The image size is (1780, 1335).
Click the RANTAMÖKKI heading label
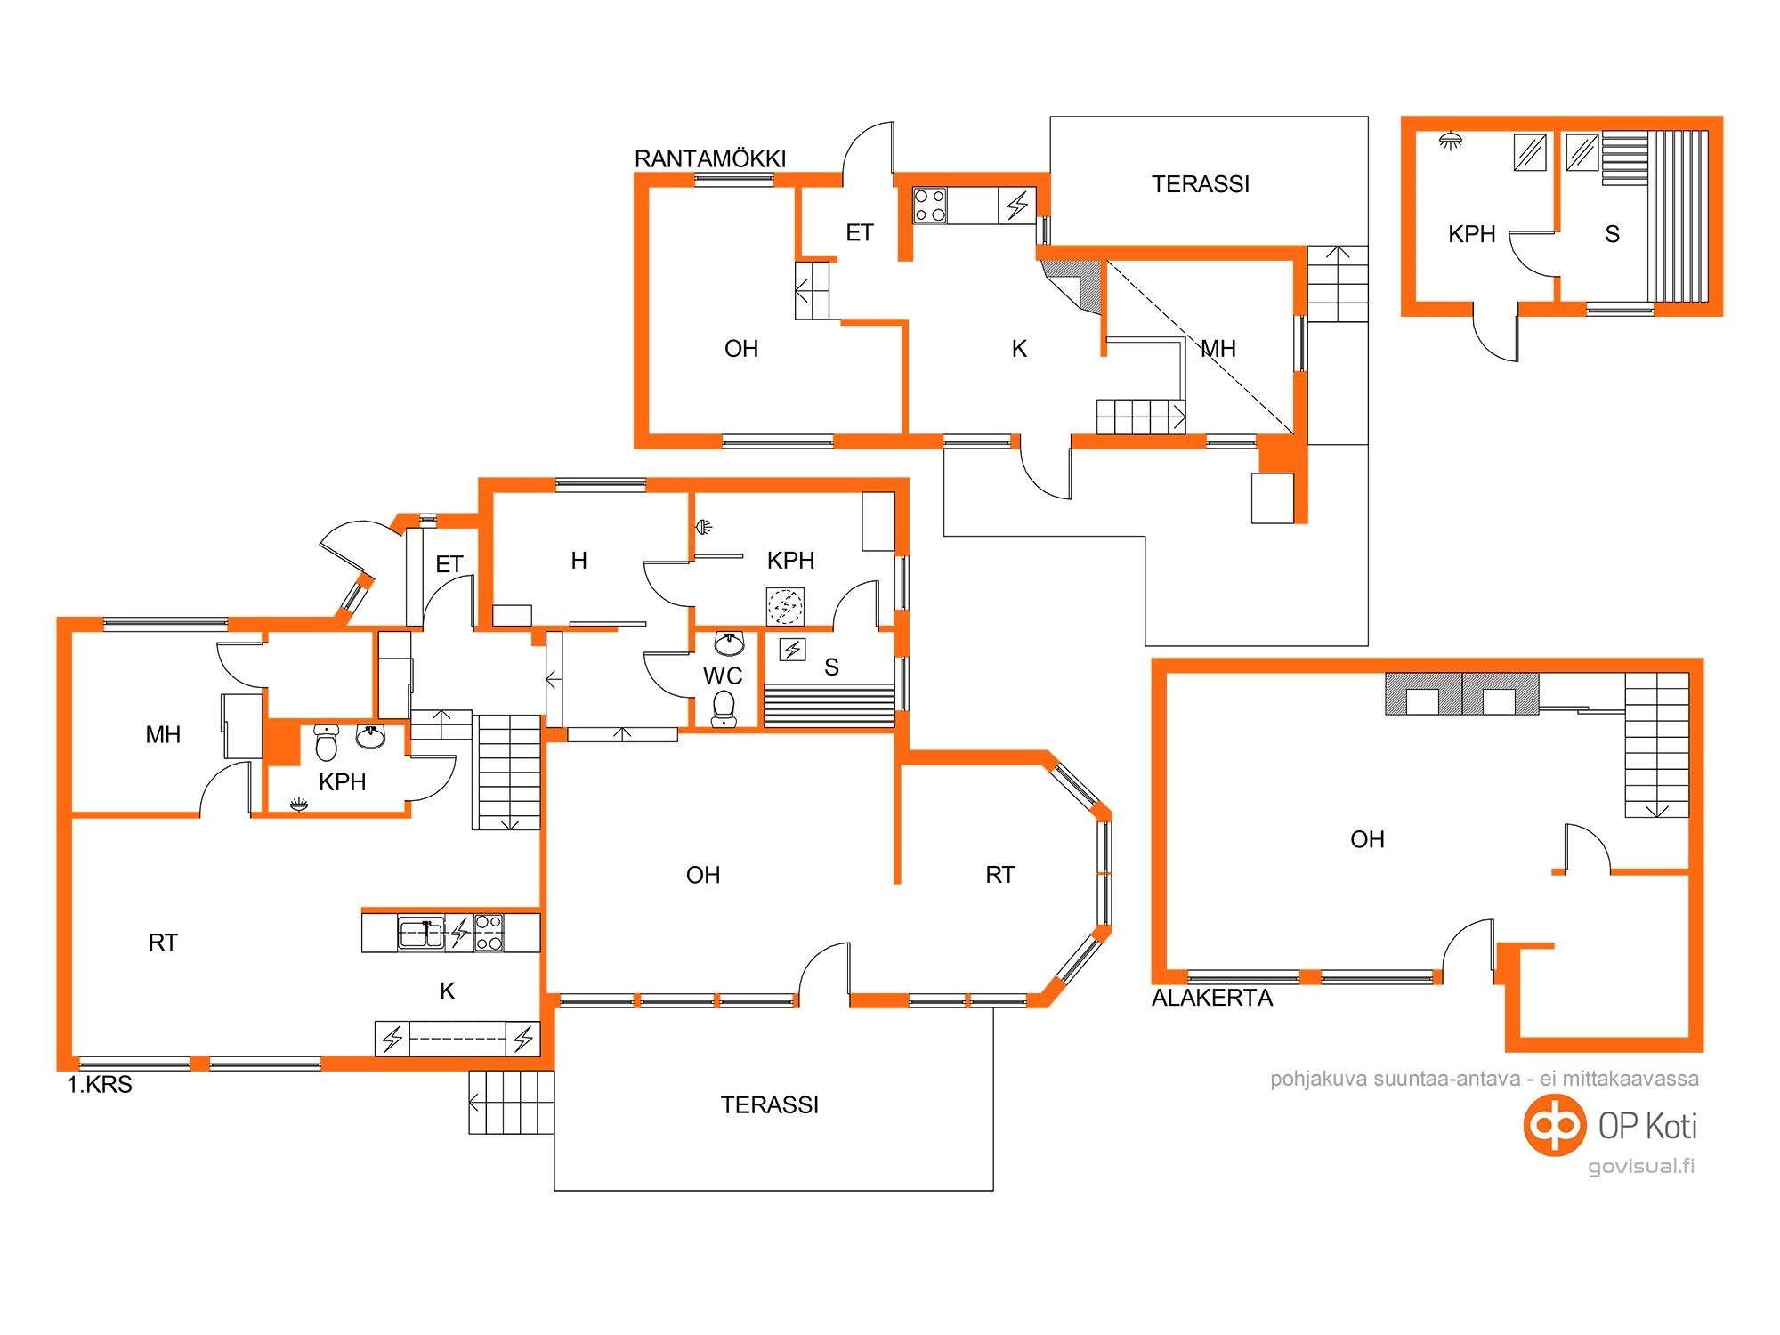coord(710,159)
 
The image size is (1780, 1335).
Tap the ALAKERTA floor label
coord(1212,998)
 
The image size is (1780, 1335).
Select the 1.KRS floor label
coord(100,1085)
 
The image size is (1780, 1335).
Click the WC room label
coord(723,676)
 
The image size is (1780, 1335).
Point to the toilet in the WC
coord(724,708)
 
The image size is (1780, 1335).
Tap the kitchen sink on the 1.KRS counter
coord(421,934)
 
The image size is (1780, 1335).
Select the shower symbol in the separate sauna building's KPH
coord(1452,141)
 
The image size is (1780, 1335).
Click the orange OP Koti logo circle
coord(1555,1125)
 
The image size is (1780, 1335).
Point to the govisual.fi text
coord(1642,1166)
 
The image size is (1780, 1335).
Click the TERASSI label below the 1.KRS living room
coord(770,1105)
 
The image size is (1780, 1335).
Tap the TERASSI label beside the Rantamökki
coord(1201,184)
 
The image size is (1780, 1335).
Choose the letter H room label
coord(578,561)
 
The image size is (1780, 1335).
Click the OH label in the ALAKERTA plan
coord(1367,839)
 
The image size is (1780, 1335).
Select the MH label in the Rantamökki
coord(1218,349)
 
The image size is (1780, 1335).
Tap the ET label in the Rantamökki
coord(859,233)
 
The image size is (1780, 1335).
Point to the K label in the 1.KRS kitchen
coord(448,991)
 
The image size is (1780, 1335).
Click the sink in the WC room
coord(730,643)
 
